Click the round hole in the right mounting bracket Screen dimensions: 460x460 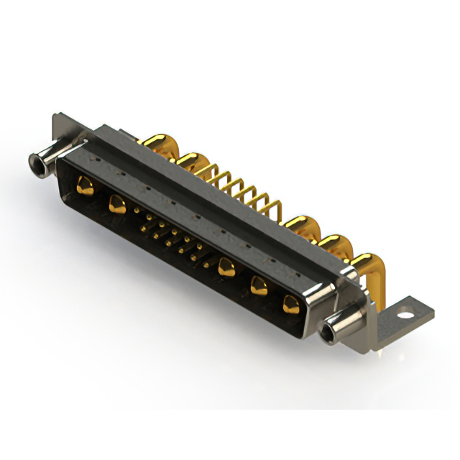pyautogui.click(x=408, y=313)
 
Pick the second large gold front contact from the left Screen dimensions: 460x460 pyautogui.click(x=117, y=205)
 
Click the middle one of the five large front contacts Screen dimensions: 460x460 pyautogui.click(x=228, y=267)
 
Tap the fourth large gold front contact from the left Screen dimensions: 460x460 pyautogui.click(x=259, y=286)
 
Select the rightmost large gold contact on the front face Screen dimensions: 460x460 pyautogui.click(x=290, y=304)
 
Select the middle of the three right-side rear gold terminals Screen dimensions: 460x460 pyautogui.click(x=333, y=244)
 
